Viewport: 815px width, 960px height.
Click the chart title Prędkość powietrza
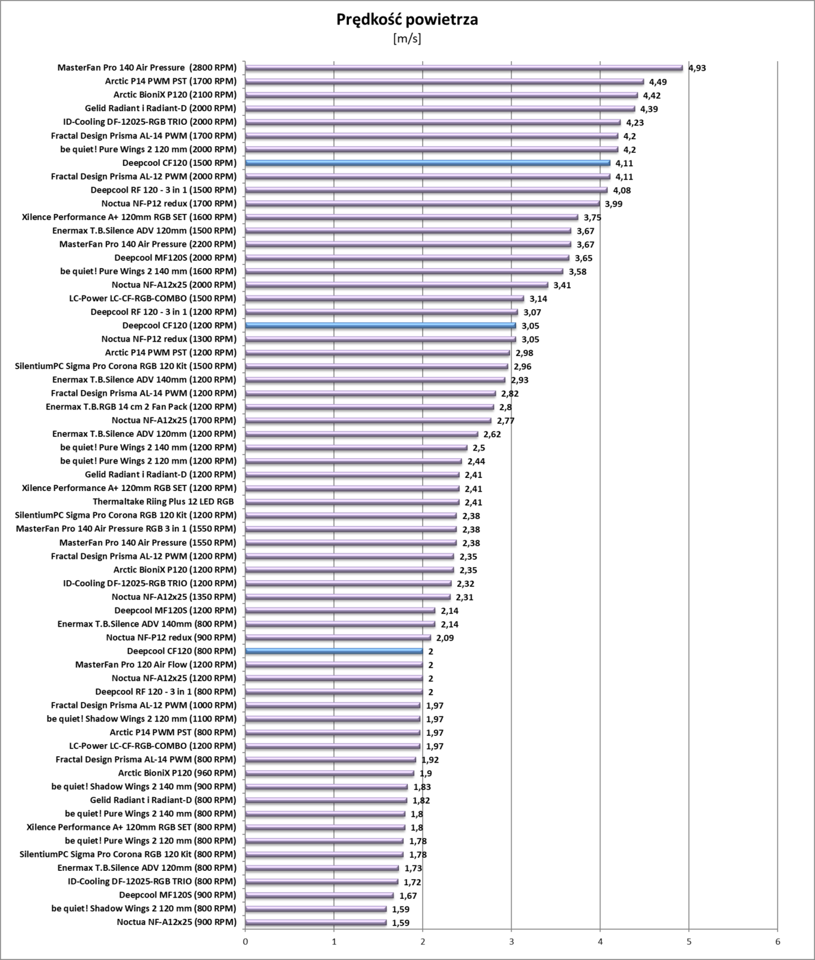407,20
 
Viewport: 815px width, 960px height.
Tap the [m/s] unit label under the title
407,38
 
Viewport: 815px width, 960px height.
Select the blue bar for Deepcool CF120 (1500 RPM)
427,163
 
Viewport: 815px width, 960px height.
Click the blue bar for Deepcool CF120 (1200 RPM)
380,326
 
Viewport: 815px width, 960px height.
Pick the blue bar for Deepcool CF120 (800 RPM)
334,651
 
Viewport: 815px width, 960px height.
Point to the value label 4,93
697,68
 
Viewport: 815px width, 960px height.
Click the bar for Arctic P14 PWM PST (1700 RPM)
444,82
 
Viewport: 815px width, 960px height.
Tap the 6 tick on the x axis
777,941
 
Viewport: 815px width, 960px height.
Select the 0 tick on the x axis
245,941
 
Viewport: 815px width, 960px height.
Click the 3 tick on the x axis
511,941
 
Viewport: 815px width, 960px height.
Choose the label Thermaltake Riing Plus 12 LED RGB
164,502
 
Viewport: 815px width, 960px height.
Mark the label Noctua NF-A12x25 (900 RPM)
177,922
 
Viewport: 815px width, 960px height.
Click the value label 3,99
613,204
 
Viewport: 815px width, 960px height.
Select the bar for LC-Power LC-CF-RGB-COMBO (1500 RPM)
385,298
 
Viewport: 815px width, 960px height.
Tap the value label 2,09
445,638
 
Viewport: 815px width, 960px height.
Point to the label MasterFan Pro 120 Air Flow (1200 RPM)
156,664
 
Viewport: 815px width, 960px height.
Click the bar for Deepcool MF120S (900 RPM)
319,895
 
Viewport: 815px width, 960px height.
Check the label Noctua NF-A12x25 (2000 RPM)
174,285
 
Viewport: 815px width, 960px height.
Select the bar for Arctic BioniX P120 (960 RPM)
330,773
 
